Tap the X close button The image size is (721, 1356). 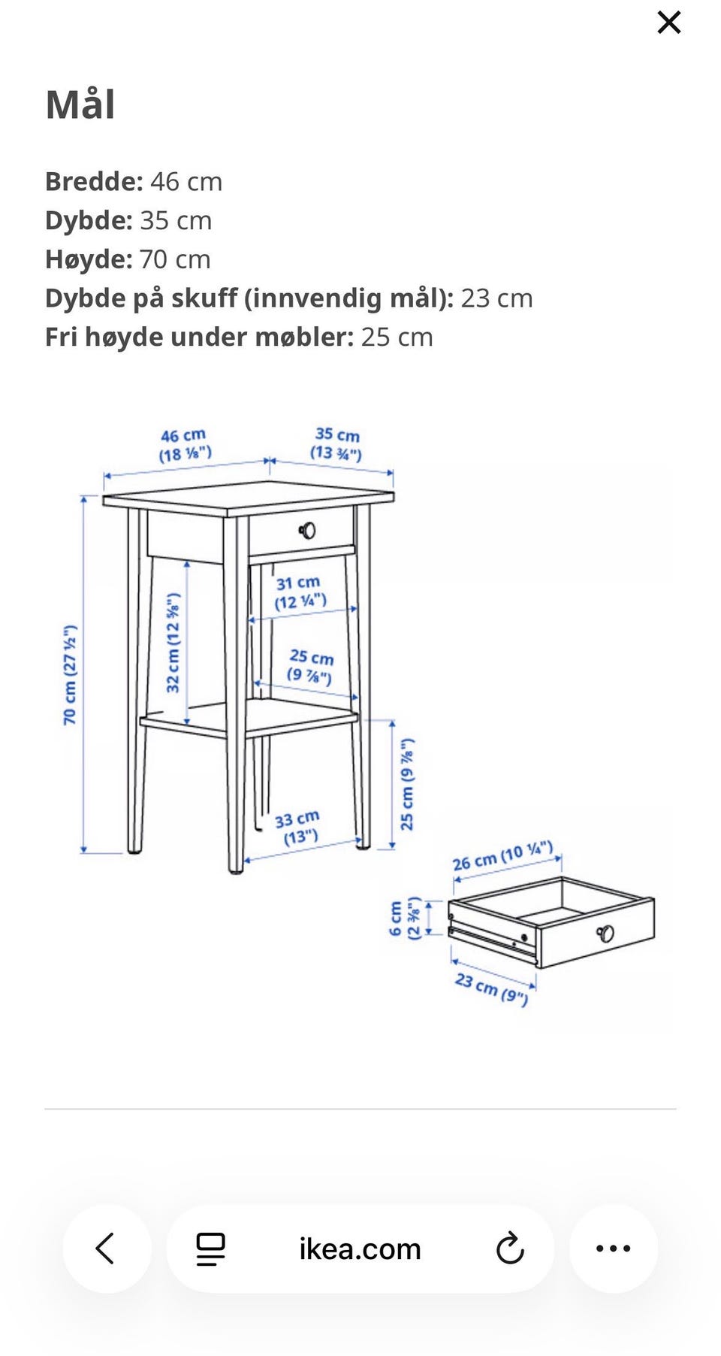click(x=668, y=23)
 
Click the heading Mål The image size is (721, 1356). click(x=80, y=104)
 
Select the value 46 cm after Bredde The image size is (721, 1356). click(x=186, y=182)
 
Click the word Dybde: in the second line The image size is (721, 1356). click(x=89, y=221)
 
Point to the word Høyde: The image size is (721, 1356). click(x=89, y=259)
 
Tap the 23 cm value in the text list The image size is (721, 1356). click(x=496, y=298)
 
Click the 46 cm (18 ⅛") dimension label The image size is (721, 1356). click(x=184, y=445)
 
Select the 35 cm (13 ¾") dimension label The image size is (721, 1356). click(x=336, y=443)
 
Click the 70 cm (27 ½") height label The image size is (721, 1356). click(x=70, y=675)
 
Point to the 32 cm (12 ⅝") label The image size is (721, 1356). click(x=173, y=643)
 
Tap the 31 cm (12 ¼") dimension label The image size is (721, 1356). click(x=300, y=592)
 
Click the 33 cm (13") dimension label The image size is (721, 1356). click(x=298, y=828)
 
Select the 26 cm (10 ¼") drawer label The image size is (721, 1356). click(x=502, y=856)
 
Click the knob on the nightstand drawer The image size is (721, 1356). click(x=307, y=531)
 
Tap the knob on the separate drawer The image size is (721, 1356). click(x=605, y=934)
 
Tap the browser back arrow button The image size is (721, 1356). click(x=106, y=1249)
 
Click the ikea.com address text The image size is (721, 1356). click(x=360, y=1249)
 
